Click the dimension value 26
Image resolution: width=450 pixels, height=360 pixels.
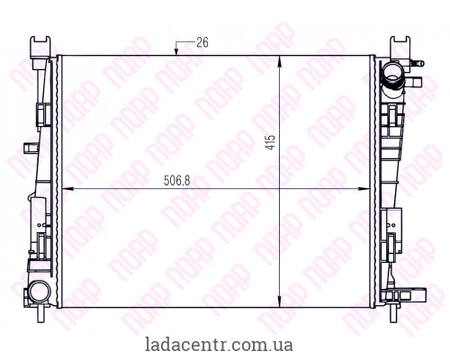pyautogui.click(x=202, y=42)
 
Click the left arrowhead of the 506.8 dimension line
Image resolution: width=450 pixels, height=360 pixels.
pyautogui.click(x=63, y=189)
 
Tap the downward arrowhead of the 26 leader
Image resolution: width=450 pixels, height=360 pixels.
pyautogui.click(x=177, y=52)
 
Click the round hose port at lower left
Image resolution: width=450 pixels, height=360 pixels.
pyautogui.click(x=38, y=291)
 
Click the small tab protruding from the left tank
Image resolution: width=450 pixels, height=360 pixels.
pyautogui.click(x=41, y=112)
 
